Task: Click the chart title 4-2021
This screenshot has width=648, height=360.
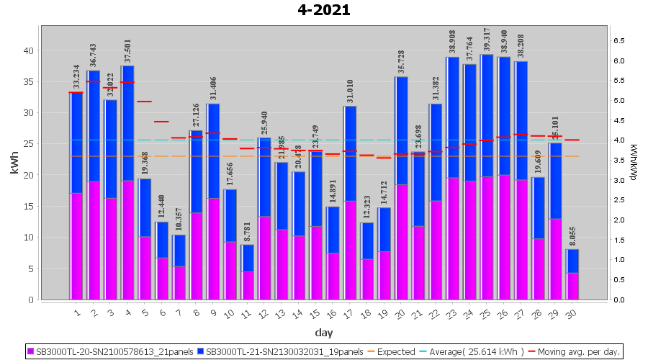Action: (324, 10)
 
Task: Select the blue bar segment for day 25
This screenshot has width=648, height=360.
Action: (487, 115)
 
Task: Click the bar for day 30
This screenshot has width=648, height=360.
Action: (573, 274)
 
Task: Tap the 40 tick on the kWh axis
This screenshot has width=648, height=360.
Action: (29, 50)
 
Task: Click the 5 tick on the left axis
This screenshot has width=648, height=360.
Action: (31, 269)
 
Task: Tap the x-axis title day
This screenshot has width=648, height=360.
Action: (323, 332)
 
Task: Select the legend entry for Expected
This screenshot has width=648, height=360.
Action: (392, 352)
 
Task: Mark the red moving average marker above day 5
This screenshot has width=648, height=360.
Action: (145, 102)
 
